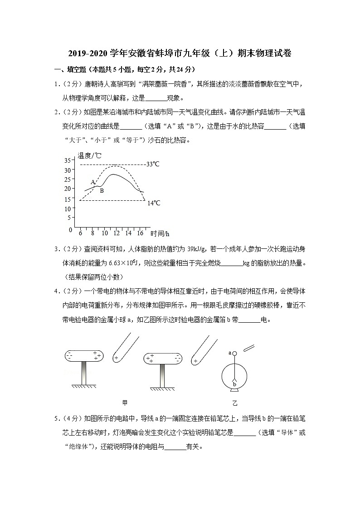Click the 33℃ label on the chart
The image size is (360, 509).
(x=153, y=164)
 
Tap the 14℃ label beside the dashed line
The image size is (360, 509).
(x=154, y=203)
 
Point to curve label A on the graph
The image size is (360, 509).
(x=92, y=182)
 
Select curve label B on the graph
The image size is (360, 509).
(x=102, y=191)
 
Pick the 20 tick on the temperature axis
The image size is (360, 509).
(x=68, y=189)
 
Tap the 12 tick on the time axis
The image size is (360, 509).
(x=117, y=233)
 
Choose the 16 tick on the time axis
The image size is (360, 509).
(x=140, y=233)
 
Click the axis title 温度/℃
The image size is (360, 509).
(x=89, y=155)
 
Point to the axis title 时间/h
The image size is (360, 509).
(x=160, y=234)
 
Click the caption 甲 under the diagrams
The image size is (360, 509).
(x=125, y=402)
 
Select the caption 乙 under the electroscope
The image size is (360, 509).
(x=235, y=402)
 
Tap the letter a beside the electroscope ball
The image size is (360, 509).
(x=230, y=352)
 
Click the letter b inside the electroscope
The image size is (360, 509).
(x=234, y=384)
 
